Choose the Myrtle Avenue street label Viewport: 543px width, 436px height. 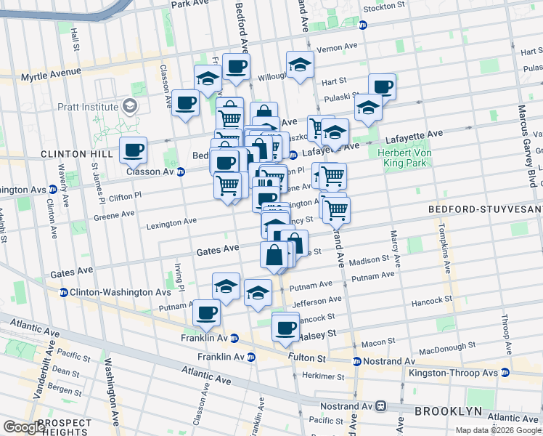coord(51,74)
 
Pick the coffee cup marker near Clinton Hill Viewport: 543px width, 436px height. coord(133,150)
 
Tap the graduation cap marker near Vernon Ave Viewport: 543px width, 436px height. coord(300,65)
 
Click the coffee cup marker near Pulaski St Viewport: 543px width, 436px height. coord(382,87)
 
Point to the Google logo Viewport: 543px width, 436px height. coord(24,427)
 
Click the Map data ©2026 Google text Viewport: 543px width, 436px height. coord(498,430)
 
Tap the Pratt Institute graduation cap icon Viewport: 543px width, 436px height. coord(129,106)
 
